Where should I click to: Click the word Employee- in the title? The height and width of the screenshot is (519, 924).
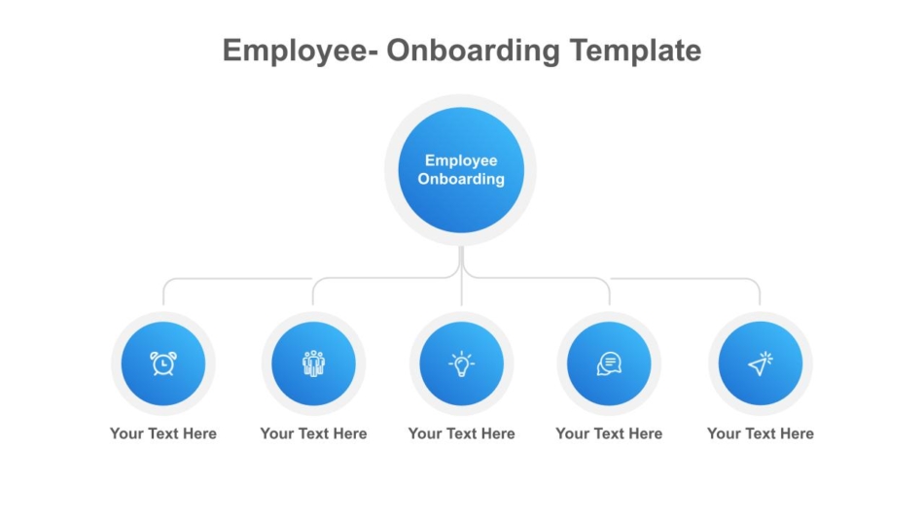(301, 52)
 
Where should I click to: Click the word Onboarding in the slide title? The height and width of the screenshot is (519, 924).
(474, 52)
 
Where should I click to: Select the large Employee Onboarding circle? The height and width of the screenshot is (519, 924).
(461, 170)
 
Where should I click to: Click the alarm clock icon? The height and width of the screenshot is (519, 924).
(163, 363)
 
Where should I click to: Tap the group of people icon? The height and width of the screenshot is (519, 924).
(313, 363)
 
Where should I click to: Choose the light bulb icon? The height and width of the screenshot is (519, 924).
(461, 363)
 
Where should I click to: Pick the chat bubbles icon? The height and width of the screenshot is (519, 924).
(609, 363)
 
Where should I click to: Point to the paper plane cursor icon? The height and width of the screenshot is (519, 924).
(761, 363)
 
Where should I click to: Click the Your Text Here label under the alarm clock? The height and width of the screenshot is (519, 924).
(163, 433)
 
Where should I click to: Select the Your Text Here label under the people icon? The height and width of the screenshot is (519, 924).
(313, 433)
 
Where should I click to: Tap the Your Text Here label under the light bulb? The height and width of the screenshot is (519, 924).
(461, 433)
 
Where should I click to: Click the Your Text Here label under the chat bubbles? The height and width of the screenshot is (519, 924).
(609, 433)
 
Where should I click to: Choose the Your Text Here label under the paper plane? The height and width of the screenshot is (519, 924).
(761, 433)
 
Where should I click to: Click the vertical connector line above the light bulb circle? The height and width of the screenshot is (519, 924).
(461, 276)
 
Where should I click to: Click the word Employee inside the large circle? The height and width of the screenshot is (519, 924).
(461, 160)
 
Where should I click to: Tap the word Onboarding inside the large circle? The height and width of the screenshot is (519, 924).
(461, 179)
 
